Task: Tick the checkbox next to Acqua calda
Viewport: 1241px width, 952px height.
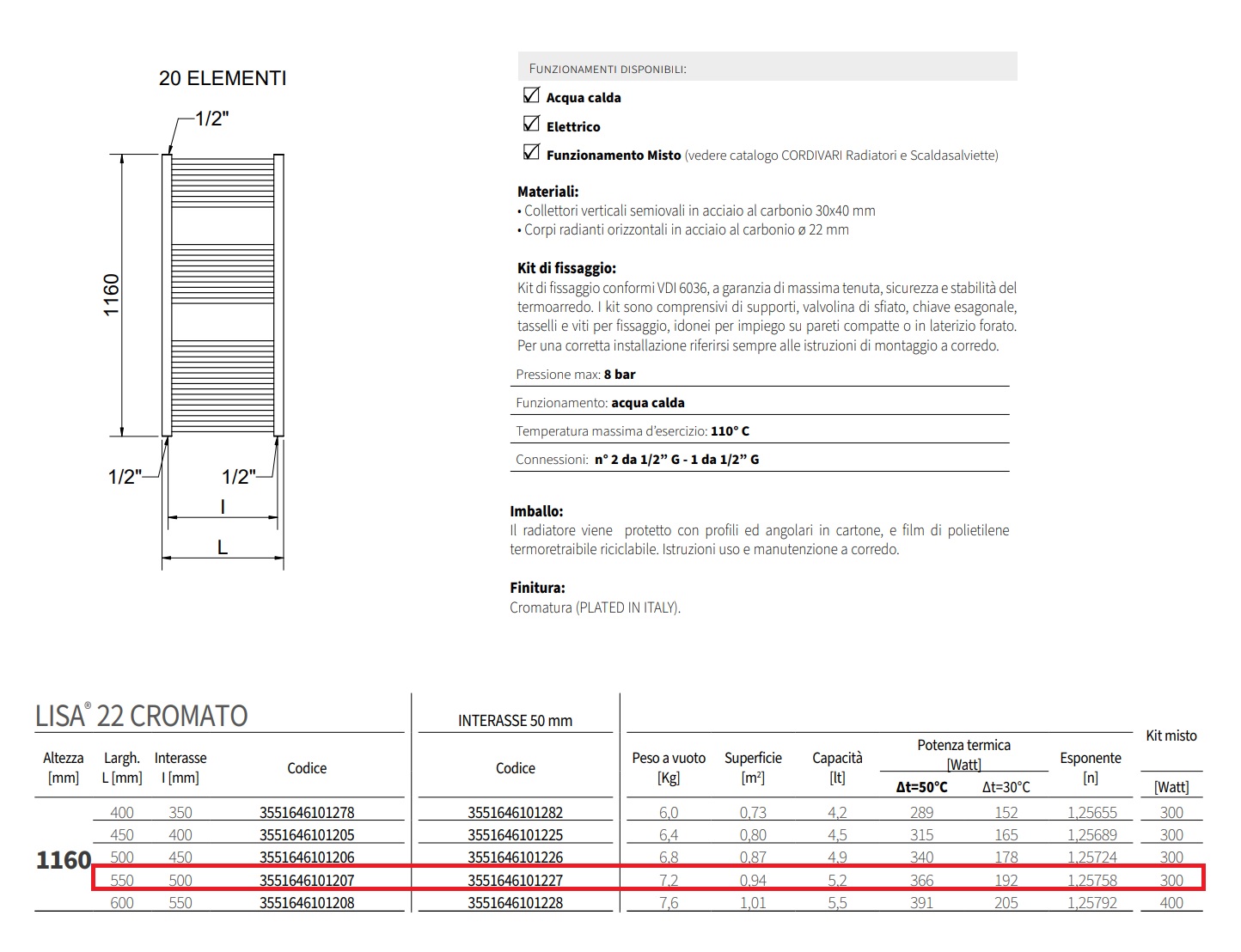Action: (x=531, y=95)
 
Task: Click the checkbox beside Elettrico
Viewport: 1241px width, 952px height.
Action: (x=531, y=124)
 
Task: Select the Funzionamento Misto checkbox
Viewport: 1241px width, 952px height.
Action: (x=531, y=153)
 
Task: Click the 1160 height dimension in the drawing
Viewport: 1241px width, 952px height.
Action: (x=112, y=295)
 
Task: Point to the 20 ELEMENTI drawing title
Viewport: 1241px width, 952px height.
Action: (x=223, y=78)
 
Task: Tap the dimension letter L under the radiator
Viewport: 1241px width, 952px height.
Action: (x=223, y=547)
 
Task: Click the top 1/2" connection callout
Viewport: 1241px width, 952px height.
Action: (x=211, y=119)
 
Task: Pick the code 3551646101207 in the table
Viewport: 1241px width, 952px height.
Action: (x=307, y=880)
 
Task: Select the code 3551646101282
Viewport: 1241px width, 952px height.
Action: (x=516, y=812)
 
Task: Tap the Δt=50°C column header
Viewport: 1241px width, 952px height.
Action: (x=921, y=787)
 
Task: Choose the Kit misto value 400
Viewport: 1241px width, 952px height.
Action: (x=1171, y=903)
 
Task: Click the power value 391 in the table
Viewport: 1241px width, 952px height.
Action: (x=921, y=903)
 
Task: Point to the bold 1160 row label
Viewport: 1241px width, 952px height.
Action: (x=64, y=859)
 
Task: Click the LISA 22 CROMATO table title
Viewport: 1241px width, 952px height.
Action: (x=142, y=716)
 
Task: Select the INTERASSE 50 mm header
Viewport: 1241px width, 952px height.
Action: (x=515, y=721)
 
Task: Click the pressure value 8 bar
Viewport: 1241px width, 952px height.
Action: (x=620, y=375)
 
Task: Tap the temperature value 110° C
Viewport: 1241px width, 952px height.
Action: (x=730, y=431)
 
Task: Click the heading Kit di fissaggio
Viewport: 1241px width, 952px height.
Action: (x=566, y=268)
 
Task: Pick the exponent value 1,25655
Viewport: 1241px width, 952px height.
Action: (x=1092, y=812)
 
